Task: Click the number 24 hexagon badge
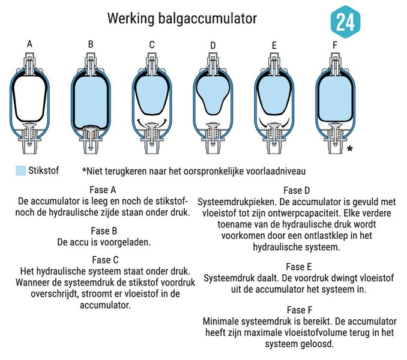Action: click(x=346, y=22)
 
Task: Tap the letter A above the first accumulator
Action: click(x=29, y=44)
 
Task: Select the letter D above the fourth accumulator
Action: click(x=213, y=46)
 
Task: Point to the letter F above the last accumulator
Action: click(x=335, y=45)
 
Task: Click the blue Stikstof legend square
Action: click(x=20, y=170)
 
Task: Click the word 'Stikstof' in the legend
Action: click(x=44, y=170)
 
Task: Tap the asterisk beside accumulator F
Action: click(x=350, y=149)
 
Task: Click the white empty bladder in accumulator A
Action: click(x=29, y=98)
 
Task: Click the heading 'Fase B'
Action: click(x=104, y=231)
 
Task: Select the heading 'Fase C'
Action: click(x=105, y=260)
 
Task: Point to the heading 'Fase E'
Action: click(x=299, y=267)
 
